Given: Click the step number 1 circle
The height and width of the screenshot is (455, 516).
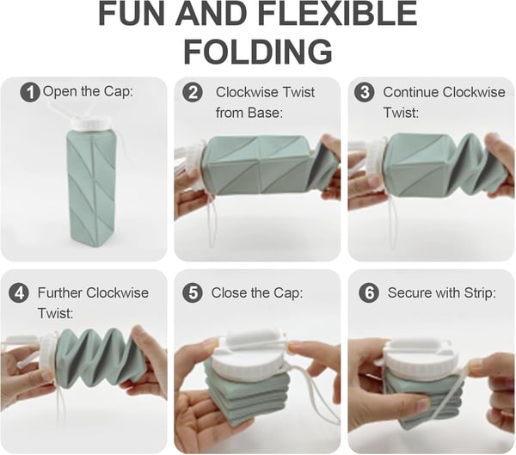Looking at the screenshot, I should click(x=30, y=92).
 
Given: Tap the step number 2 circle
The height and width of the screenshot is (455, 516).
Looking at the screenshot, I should click(x=193, y=92).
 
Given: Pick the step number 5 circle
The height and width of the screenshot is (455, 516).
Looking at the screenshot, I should click(x=193, y=292).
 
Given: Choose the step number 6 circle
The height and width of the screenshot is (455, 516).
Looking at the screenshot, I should click(x=369, y=292).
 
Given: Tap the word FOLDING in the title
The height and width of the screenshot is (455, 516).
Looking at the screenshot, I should click(x=258, y=51).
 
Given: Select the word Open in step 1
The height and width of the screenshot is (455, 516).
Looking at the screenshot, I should click(x=59, y=91).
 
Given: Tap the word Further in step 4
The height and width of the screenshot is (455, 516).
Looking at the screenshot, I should click(x=63, y=292).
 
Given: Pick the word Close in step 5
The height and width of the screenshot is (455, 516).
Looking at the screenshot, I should click(x=230, y=292).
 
